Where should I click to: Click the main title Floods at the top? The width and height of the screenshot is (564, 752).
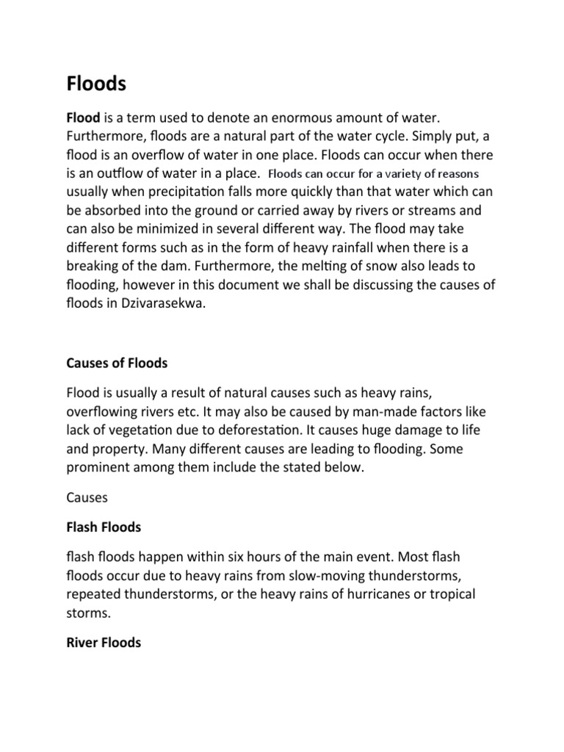point(96,84)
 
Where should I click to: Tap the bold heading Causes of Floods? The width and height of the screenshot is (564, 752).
point(117,363)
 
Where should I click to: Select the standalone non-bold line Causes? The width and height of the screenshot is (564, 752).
point(87,497)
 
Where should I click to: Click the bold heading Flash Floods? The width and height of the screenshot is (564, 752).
point(104,527)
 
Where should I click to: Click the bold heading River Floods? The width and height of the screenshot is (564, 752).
point(104,643)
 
